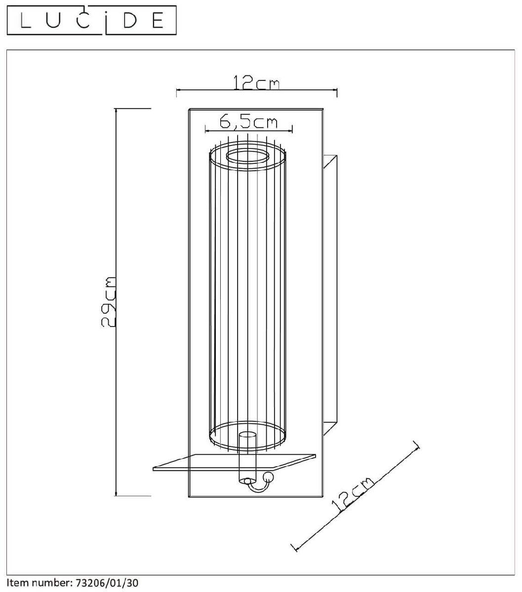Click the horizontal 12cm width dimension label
click(256, 83)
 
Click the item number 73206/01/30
click(107, 583)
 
